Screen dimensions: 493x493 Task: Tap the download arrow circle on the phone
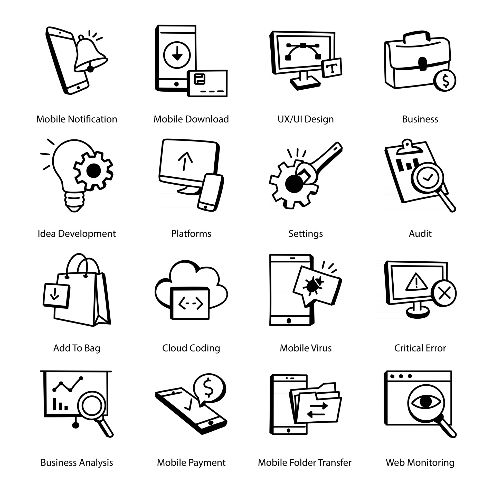click(x=177, y=55)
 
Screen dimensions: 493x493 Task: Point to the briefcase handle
click(x=416, y=36)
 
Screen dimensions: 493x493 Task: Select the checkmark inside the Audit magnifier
click(x=428, y=177)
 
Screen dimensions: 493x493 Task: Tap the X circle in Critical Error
click(x=444, y=293)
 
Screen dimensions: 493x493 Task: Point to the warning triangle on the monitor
click(x=416, y=282)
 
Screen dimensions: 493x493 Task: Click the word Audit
click(x=420, y=234)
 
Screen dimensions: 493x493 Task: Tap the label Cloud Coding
click(x=191, y=348)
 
